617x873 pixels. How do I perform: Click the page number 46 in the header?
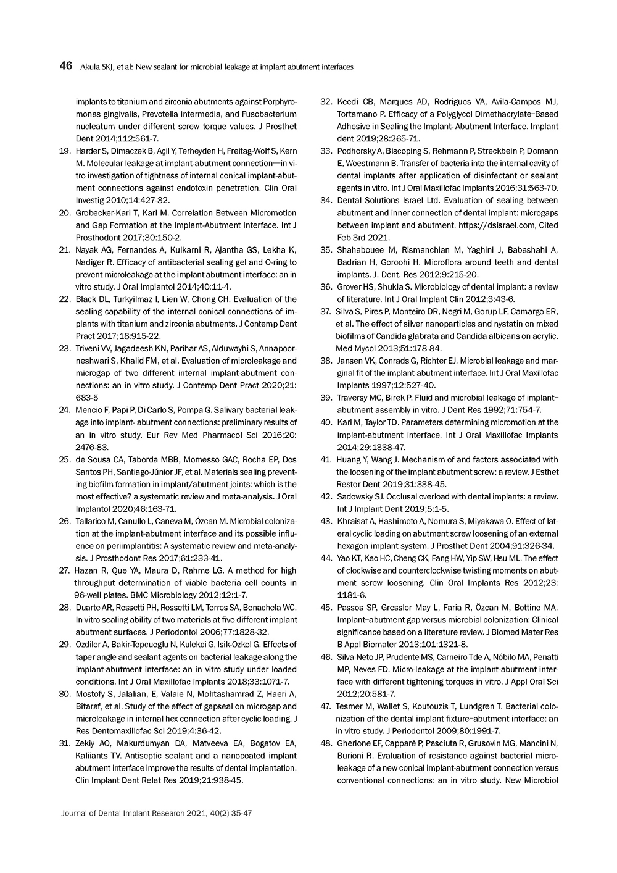point(66,66)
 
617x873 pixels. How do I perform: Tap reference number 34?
point(326,200)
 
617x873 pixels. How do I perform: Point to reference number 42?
point(326,496)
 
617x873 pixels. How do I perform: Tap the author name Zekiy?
point(85,743)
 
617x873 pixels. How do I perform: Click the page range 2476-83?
point(91,447)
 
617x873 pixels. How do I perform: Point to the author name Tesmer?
point(350,706)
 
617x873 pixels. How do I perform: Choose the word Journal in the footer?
point(75,813)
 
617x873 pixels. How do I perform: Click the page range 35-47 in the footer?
point(239,813)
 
